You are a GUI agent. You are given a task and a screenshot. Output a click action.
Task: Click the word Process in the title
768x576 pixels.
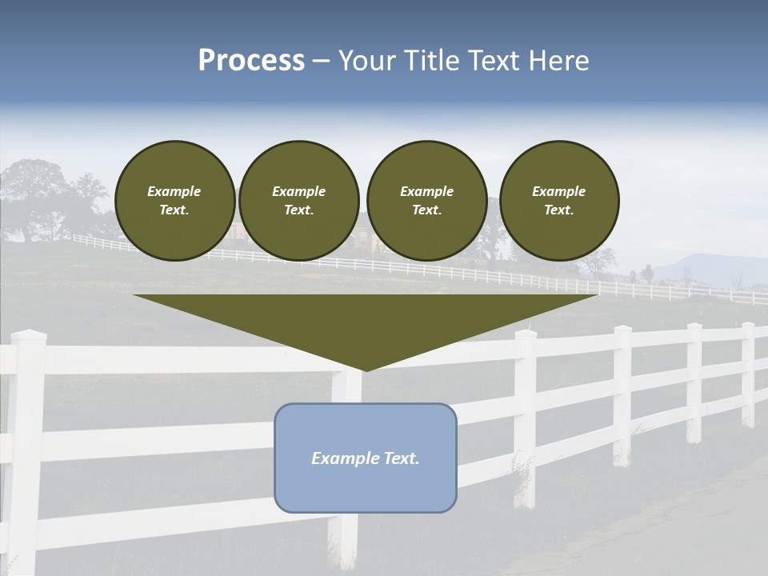click(x=251, y=61)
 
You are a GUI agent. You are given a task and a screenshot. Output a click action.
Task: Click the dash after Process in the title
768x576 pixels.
click(x=321, y=62)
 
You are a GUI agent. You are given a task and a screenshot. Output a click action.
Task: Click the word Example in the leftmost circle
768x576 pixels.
click(x=174, y=191)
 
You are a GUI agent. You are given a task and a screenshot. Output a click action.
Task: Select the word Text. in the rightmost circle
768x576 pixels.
click(x=559, y=210)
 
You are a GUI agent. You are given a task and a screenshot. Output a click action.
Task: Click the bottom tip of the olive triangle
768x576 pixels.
click(x=366, y=369)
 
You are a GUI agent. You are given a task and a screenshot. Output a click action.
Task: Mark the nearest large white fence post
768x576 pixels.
click(x=26, y=448)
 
